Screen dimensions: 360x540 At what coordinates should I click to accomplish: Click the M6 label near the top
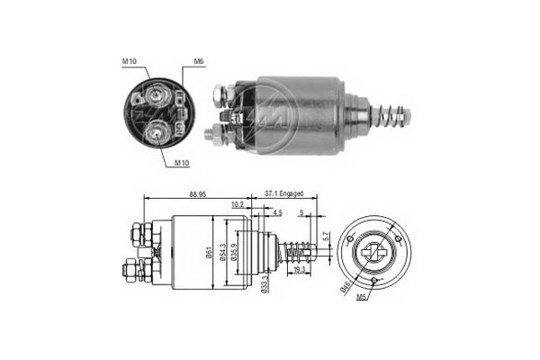[x=197, y=62]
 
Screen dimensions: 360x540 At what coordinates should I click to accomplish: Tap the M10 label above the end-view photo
[x=130, y=62]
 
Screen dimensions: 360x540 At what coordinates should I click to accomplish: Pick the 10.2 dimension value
[x=236, y=205]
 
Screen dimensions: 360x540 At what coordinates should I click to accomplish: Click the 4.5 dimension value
[x=277, y=213]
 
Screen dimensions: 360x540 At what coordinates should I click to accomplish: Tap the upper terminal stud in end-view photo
[x=159, y=93]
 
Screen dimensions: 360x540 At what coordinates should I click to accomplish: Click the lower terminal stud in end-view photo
[x=158, y=132]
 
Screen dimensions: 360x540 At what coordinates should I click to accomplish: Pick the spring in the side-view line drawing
[x=294, y=250]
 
